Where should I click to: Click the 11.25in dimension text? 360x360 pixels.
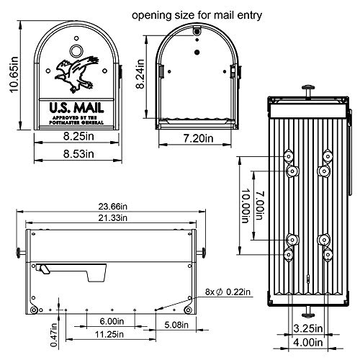click(x=108, y=336)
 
